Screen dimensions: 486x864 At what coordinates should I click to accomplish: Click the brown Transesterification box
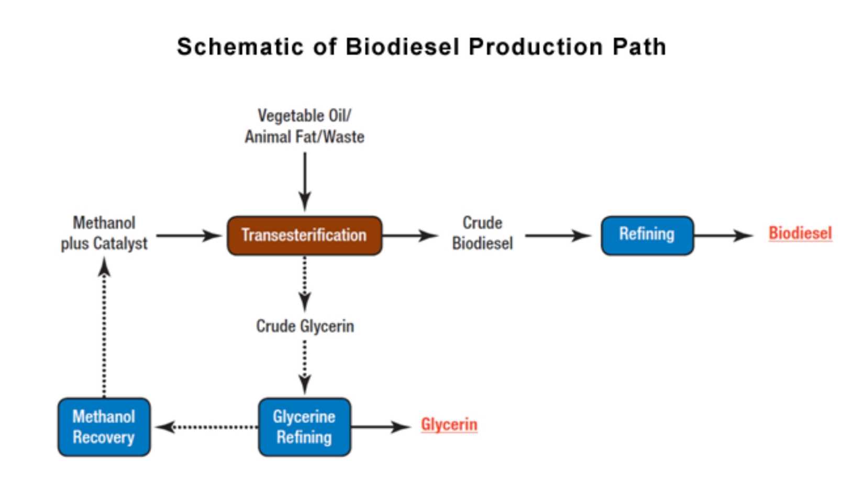(x=304, y=236)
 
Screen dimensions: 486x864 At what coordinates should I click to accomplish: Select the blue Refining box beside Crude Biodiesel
(x=647, y=235)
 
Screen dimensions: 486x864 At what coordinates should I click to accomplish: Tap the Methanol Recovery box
(x=104, y=427)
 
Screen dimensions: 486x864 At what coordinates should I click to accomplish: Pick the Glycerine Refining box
(x=304, y=427)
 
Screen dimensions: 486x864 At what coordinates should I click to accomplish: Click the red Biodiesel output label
(x=800, y=233)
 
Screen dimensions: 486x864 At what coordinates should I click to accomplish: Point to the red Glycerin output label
(x=449, y=425)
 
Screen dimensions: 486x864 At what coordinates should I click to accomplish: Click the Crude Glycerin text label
(x=305, y=326)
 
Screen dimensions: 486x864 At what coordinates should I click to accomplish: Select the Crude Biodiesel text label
(x=482, y=233)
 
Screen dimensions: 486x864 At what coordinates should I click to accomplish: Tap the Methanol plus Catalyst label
(x=104, y=233)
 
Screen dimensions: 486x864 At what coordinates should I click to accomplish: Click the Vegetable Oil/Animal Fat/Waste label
(x=304, y=126)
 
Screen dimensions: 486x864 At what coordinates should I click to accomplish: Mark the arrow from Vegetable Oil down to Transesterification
(x=305, y=181)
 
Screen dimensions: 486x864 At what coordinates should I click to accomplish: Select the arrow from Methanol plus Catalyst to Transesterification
(x=189, y=236)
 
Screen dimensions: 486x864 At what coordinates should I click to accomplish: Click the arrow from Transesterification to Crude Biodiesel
(x=409, y=236)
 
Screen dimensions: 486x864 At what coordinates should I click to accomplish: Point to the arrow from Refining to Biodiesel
(x=723, y=236)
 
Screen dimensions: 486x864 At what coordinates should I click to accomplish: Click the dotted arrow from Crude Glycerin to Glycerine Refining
(x=305, y=367)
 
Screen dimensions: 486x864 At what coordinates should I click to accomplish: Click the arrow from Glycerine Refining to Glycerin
(x=380, y=427)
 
